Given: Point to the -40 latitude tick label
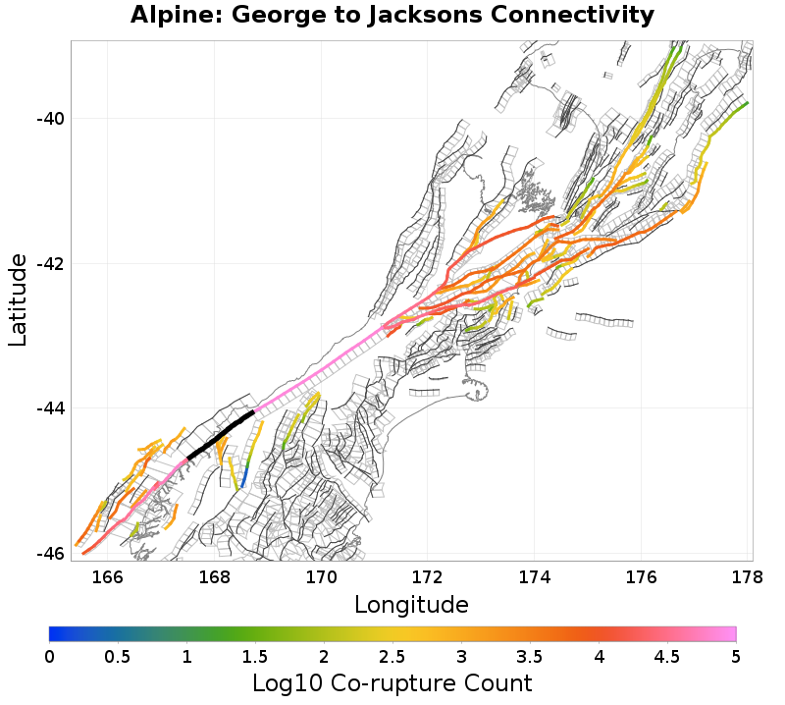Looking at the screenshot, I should pos(50,119).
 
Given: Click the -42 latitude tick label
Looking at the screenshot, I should pos(50,264).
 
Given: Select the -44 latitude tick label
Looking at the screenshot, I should pos(50,408).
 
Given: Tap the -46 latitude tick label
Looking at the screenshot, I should pos(50,553).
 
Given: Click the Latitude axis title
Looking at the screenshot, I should pos(18,299).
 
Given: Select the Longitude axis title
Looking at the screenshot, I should pos(411,603).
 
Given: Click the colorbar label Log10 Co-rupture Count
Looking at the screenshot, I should pos(392,683).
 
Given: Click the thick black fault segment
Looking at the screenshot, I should pos(222,435).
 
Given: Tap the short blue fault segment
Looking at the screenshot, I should pos(241,477).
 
